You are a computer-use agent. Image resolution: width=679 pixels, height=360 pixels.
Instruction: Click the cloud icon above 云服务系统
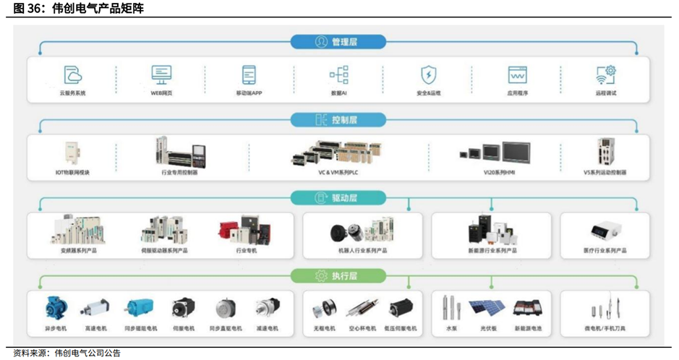click(72, 74)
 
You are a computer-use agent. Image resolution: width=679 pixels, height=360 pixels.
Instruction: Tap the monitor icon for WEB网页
click(161, 74)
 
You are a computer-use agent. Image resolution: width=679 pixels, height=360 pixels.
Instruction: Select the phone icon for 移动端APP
click(249, 74)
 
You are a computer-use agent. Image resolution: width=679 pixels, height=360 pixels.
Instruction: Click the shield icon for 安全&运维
click(428, 74)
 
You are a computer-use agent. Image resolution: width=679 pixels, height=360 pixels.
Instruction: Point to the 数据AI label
click(339, 93)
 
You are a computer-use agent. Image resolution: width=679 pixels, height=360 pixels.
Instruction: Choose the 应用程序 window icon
click(517, 74)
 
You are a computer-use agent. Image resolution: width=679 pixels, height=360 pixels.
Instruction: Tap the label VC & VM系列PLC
click(338, 173)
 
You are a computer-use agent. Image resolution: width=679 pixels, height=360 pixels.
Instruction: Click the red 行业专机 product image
click(247, 231)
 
